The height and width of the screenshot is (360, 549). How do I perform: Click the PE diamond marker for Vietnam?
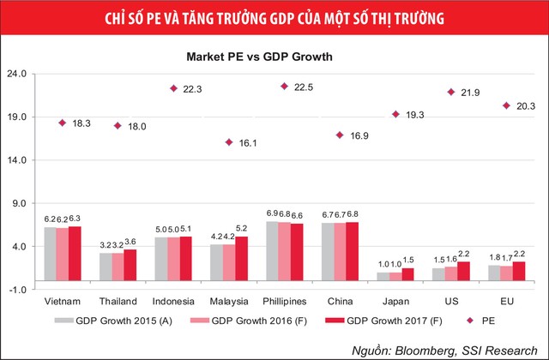click(x=62, y=123)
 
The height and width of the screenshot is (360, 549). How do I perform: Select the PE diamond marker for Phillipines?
click(x=284, y=87)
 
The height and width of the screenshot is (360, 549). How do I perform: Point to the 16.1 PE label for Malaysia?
click(x=247, y=142)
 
